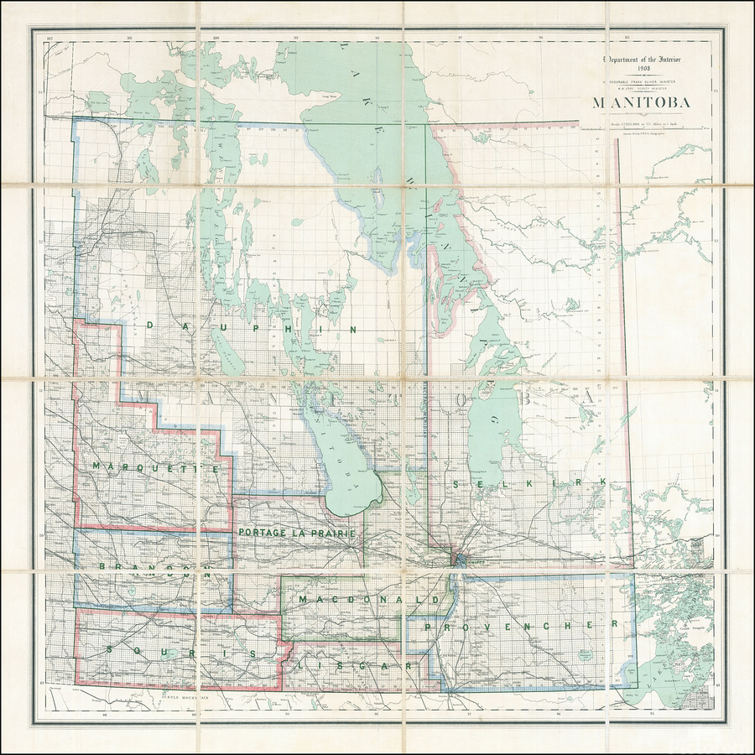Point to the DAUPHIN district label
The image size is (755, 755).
coord(251,327)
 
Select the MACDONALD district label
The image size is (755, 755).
coord(367,601)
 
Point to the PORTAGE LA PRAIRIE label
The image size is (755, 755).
coord(298,533)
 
